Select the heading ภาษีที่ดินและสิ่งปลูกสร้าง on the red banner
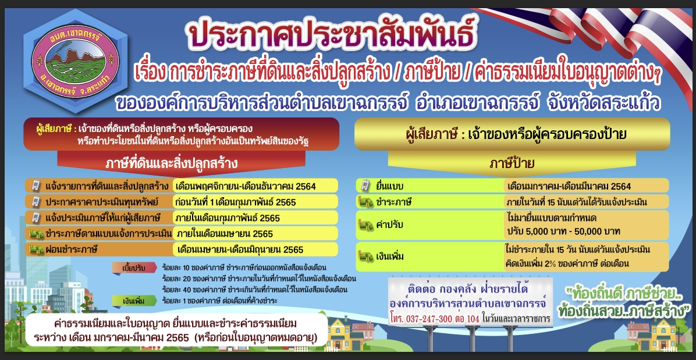171,164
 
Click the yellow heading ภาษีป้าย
512,164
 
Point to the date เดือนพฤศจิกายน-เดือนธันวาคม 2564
246,186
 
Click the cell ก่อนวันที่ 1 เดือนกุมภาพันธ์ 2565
236,202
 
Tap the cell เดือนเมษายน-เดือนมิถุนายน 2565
240,249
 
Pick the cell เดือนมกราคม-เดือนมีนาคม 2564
569,186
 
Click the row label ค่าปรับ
389,224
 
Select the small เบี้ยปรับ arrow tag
134,268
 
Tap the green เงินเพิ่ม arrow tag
134,301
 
